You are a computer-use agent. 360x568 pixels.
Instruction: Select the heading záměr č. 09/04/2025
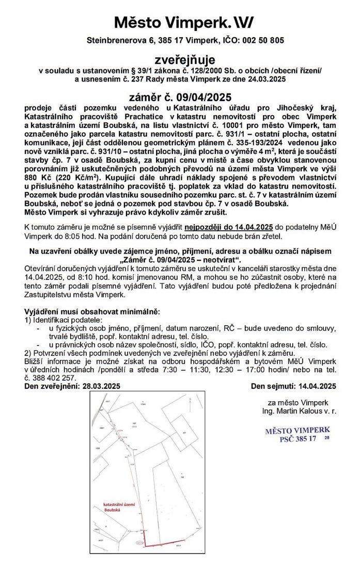click(x=180, y=97)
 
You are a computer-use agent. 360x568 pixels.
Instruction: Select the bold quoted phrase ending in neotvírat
click(x=179, y=259)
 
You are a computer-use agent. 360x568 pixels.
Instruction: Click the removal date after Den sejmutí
click(x=315, y=386)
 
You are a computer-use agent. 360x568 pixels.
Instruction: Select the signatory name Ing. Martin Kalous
click(x=294, y=411)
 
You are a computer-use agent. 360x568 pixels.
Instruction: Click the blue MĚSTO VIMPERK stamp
click(x=297, y=434)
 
